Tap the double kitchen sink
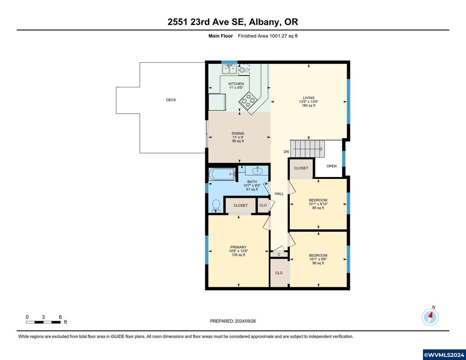pyautogui.click(x=229, y=70)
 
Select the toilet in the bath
pyautogui.click(x=216, y=206)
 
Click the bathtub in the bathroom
pyautogui.click(x=222, y=174)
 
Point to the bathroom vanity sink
pyautogui.click(x=257, y=171)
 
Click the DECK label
pyautogui.click(x=171, y=100)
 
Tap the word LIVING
pyautogui.click(x=309, y=98)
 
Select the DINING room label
pyautogui.click(x=238, y=133)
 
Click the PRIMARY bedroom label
pyautogui.click(x=238, y=247)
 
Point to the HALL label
pyautogui.click(x=279, y=194)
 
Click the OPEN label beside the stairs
pyautogui.click(x=331, y=166)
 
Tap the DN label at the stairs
pyautogui.click(x=286, y=152)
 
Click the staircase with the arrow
pyautogui.click(x=307, y=149)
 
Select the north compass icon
pyautogui.click(x=430, y=317)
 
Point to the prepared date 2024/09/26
pyautogui.click(x=245, y=321)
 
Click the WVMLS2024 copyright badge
pyautogui.click(x=444, y=355)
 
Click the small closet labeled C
pyautogui.click(x=279, y=254)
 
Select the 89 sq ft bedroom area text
pyautogui.click(x=318, y=208)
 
